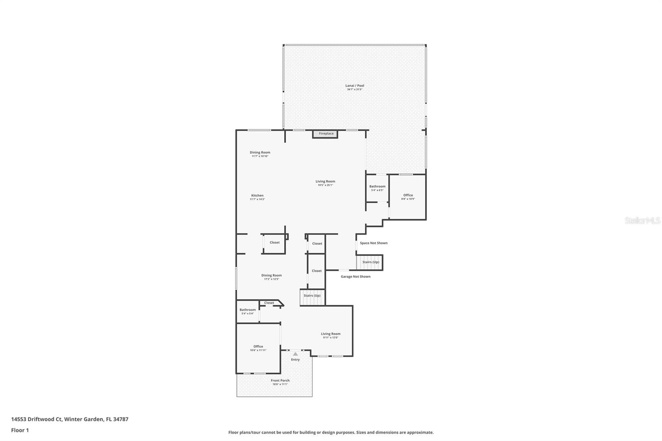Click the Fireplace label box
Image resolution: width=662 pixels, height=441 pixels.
(326, 134)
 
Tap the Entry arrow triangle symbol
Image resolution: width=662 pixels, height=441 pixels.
(295, 354)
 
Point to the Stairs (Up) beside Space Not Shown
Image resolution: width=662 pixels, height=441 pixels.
(370, 262)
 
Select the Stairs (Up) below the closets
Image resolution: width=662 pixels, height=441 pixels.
(312, 296)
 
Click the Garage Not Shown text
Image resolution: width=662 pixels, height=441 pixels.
(355, 276)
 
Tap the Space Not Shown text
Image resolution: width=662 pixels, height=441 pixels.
(374, 243)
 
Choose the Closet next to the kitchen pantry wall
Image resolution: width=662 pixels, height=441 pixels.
(274, 242)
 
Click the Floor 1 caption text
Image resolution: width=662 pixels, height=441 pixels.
(20, 430)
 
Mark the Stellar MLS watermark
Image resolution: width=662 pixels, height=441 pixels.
(642, 220)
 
